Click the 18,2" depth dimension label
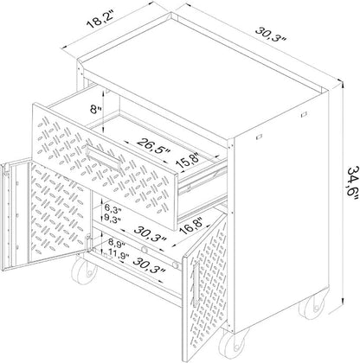(x=100, y=20)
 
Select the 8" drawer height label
(x=96, y=110)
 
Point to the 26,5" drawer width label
(x=153, y=146)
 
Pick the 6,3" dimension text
(x=111, y=207)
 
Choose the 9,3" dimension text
(x=112, y=218)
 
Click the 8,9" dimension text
(x=116, y=245)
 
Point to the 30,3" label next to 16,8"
(x=151, y=234)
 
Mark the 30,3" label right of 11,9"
(x=150, y=265)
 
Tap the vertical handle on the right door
(x=196, y=284)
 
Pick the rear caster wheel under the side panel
(x=311, y=308)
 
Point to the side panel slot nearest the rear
(x=303, y=114)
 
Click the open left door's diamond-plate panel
(x=57, y=212)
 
